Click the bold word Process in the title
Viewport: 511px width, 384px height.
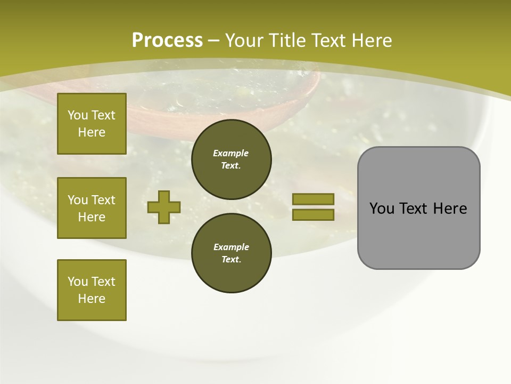pyautogui.click(x=167, y=41)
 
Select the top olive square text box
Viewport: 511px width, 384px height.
pyautogui.click(x=92, y=124)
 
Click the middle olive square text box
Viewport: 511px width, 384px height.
pyautogui.click(x=92, y=208)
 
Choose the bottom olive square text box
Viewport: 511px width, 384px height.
pyautogui.click(x=92, y=290)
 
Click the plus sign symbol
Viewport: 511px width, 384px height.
pyautogui.click(x=164, y=207)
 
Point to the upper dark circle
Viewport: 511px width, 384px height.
pyautogui.click(x=231, y=159)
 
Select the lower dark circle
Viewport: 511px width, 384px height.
pyautogui.click(x=231, y=253)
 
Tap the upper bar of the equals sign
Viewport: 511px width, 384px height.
pyautogui.click(x=313, y=199)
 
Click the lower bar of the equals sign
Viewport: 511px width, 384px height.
pyautogui.click(x=313, y=215)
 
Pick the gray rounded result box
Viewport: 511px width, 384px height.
pyautogui.click(x=418, y=207)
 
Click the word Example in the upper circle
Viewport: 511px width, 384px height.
pyautogui.click(x=231, y=153)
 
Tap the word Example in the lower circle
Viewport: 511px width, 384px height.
pyautogui.click(x=231, y=247)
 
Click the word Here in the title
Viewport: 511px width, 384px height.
pyautogui.click(x=372, y=41)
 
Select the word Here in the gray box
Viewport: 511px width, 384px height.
pyautogui.click(x=450, y=209)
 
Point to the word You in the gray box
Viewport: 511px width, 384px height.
pyautogui.click(x=382, y=209)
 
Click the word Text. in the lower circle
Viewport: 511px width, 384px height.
pyautogui.click(x=231, y=260)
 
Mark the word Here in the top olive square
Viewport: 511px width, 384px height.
pyautogui.click(x=92, y=132)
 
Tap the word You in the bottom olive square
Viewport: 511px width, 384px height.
pyautogui.click(x=78, y=282)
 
